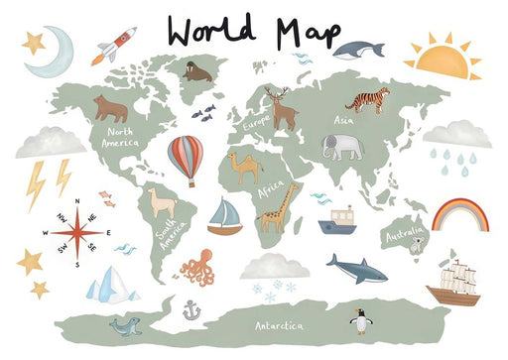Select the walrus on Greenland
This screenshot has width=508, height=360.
point(196,71)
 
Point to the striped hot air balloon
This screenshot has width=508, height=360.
point(185,159)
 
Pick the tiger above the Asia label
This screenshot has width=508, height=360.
point(367,99)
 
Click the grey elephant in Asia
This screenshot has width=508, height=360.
point(341,147)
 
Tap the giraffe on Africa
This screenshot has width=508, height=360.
point(279,207)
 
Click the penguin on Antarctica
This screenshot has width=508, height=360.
point(361,320)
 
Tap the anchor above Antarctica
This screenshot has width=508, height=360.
point(191,311)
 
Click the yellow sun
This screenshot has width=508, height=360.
point(443,59)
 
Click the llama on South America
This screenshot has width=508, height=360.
point(161,204)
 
